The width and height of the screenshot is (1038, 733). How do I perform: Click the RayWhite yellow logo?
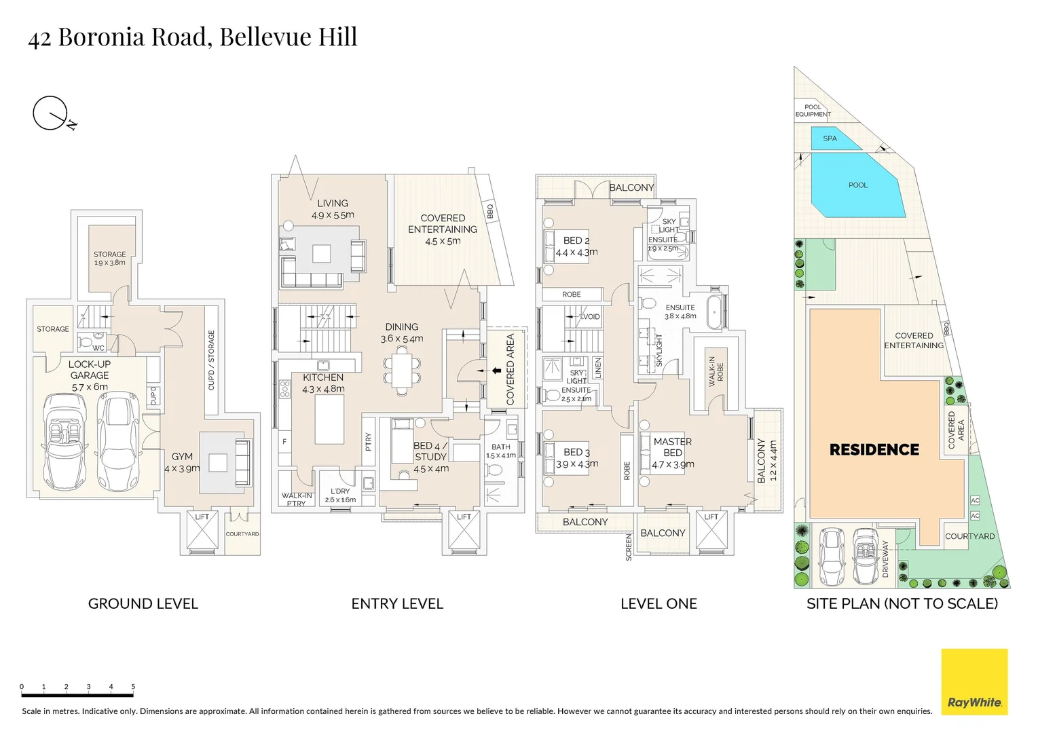tap(974, 681)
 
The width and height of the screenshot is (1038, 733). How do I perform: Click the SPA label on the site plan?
tap(830, 138)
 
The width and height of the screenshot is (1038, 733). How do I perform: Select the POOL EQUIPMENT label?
tap(813, 111)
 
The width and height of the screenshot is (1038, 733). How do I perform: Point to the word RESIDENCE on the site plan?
tap(874, 449)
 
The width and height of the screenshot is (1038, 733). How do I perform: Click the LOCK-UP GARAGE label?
tap(90, 370)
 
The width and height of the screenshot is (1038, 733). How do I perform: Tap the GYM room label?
tap(182, 457)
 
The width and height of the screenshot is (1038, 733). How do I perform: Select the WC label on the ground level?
tap(98, 348)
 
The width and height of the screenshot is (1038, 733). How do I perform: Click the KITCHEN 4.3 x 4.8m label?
tap(323, 383)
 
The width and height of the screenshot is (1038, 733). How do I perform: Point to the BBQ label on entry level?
tap(490, 212)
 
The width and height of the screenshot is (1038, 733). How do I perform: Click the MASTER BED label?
tap(672, 447)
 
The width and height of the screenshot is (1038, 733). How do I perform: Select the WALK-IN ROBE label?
tap(716, 371)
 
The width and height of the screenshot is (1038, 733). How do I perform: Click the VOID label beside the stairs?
tap(591, 317)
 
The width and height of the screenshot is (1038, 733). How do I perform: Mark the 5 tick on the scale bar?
tap(133, 687)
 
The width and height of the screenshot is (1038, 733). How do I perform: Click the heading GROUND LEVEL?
tap(143, 603)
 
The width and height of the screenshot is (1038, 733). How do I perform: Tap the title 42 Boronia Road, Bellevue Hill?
tap(193, 37)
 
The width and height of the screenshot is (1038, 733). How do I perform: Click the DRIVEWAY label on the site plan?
tap(885, 558)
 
